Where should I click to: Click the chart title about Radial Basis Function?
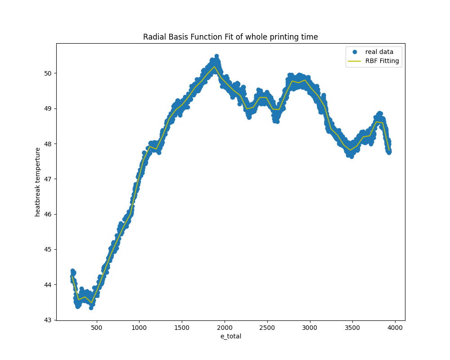point(230,37)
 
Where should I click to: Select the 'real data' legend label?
point(379,52)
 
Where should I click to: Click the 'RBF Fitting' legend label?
point(382,61)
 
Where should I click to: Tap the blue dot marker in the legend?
point(355,52)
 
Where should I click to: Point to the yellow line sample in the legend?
point(355,61)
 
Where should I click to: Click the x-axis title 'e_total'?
point(230,336)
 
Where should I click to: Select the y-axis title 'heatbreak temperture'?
point(38,182)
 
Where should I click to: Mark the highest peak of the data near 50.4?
point(216,57)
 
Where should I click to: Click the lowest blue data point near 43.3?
point(91,308)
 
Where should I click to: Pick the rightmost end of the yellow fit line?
point(389,150)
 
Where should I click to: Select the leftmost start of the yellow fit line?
point(72,276)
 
